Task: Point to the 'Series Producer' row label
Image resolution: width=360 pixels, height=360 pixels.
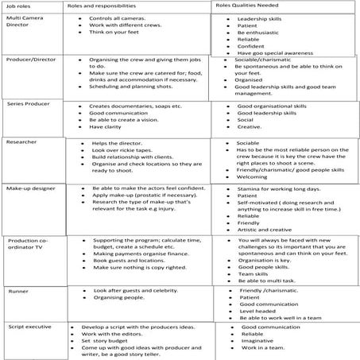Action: click(29, 103)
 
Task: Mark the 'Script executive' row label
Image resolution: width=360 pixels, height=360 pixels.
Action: click(29, 327)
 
